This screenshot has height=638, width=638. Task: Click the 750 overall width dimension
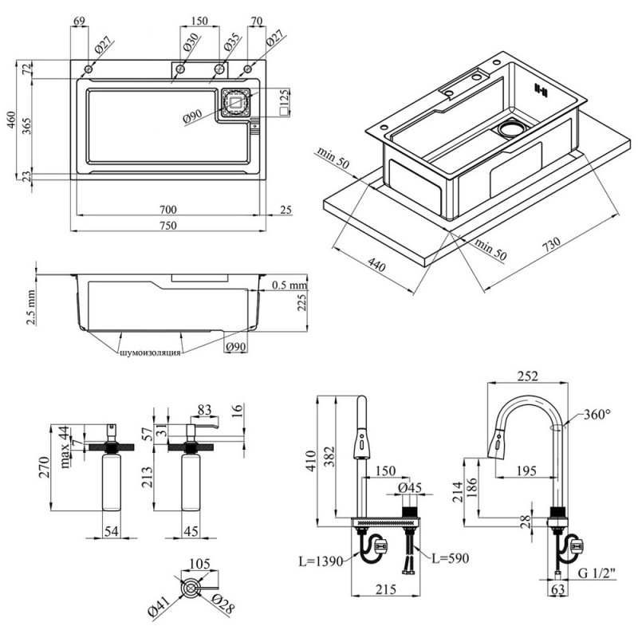click(167, 225)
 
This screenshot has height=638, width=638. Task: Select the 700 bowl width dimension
click(167, 210)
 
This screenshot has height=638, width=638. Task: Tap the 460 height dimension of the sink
click(13, 119)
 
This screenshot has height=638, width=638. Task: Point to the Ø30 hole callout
click(191, 42)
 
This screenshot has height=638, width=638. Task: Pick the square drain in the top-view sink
click(235, 102)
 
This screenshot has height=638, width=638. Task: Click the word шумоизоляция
click(150, 352)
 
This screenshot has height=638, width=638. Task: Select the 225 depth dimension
click(302, 302)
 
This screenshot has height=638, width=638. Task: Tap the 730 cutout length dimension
click(551, 245)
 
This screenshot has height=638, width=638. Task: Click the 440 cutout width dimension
click(376, 265)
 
